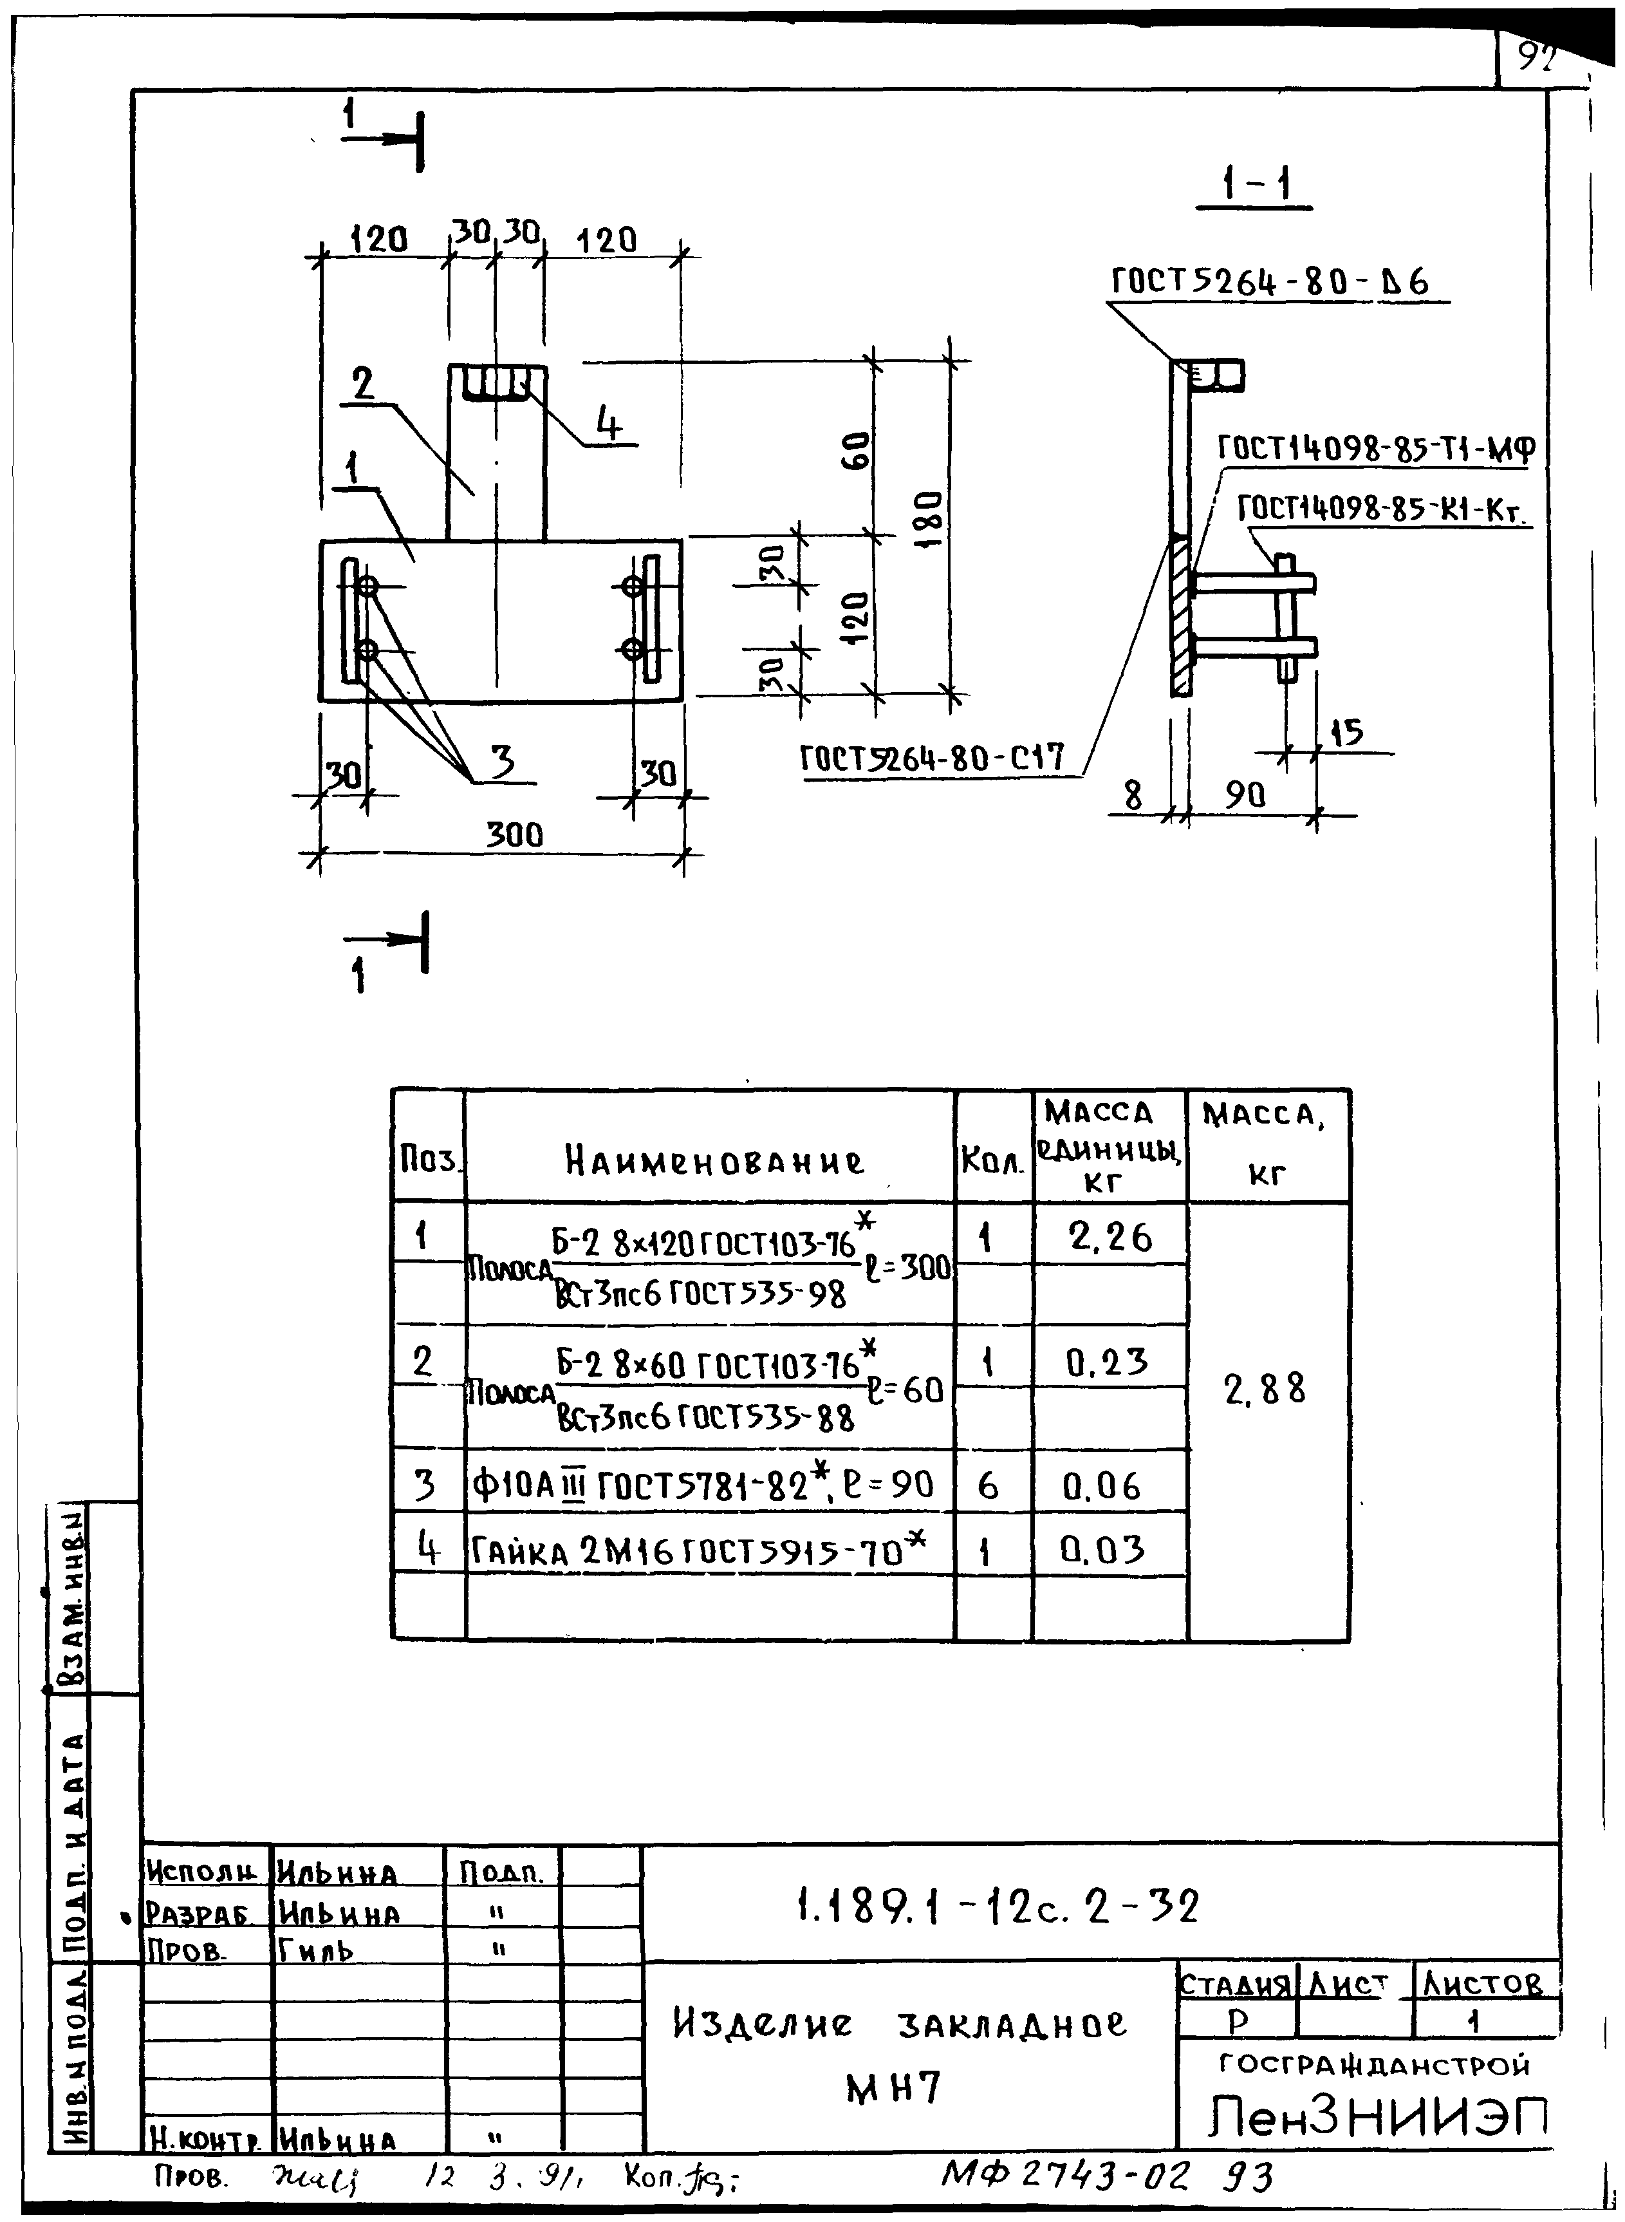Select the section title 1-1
[x=1255, y=183]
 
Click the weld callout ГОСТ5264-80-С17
[x=933, y=758]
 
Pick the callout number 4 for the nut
[x=610, y=424]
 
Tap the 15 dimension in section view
[x=1346, y=732]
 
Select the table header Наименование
[x=715, y=1162]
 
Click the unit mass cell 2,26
[x=1110, y=1237]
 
